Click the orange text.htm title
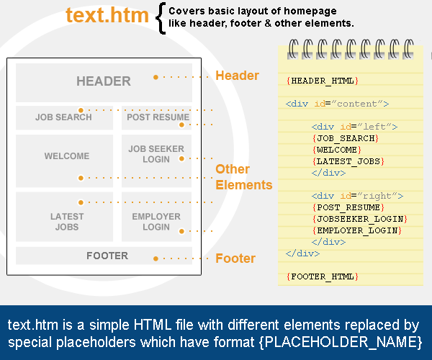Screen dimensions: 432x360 (107, 15)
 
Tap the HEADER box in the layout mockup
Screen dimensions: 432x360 (104, 83)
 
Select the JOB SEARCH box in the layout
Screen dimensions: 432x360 (64, 117)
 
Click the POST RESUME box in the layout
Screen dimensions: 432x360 (156, 117)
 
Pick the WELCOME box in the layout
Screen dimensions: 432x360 (64, 161)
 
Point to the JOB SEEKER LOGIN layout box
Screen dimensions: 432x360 (156, 161)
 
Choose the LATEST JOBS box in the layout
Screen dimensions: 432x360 (64, 217)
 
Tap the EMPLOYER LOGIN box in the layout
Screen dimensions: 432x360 (156, 217)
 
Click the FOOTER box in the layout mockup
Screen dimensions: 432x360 (104, 256)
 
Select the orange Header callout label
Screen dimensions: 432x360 (237, 76)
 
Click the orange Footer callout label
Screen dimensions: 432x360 (235, 258)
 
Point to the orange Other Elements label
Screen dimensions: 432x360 (244, 177)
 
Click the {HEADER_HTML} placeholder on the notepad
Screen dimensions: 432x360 (323, 81)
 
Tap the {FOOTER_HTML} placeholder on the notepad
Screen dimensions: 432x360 (323, 276)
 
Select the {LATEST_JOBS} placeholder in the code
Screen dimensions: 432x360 (348, 161)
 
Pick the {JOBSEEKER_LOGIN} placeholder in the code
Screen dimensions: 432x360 (360, 219)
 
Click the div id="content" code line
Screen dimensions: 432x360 (337, 104)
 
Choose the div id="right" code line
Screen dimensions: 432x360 (357, 196)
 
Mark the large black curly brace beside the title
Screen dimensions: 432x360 (161, 18)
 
